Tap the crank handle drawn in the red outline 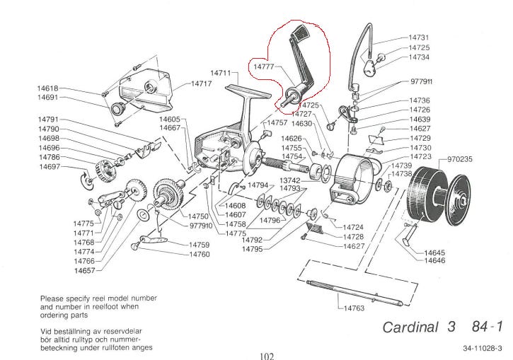click(x=298, y=68)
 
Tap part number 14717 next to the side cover click(x=201, y=83)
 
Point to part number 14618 click(x=48, y=88)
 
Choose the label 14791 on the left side click(x=48, y=120)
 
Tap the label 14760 click(x=200, y=254)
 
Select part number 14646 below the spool click(x=434, y=261)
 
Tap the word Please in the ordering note click(x=54, y=298)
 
